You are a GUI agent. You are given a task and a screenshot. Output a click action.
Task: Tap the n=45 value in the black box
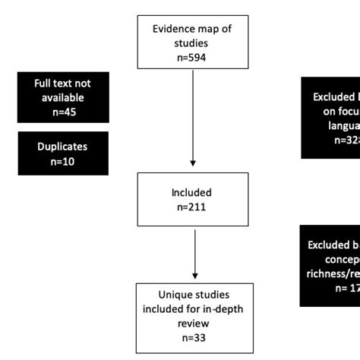tap(63, 112)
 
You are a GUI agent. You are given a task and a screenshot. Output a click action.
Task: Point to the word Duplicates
tap(62, 147)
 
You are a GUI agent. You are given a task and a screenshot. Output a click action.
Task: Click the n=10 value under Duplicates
tap(62, 161)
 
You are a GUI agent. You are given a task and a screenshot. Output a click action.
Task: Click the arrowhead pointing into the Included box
tap(193, 162)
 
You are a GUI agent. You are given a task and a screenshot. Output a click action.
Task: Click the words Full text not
tap(63, 83)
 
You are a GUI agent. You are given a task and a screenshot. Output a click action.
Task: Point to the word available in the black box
tap(63, 97)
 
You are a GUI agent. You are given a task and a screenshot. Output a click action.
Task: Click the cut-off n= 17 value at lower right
tap(347, 288)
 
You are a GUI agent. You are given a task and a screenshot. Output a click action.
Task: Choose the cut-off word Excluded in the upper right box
tap(336, 97)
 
